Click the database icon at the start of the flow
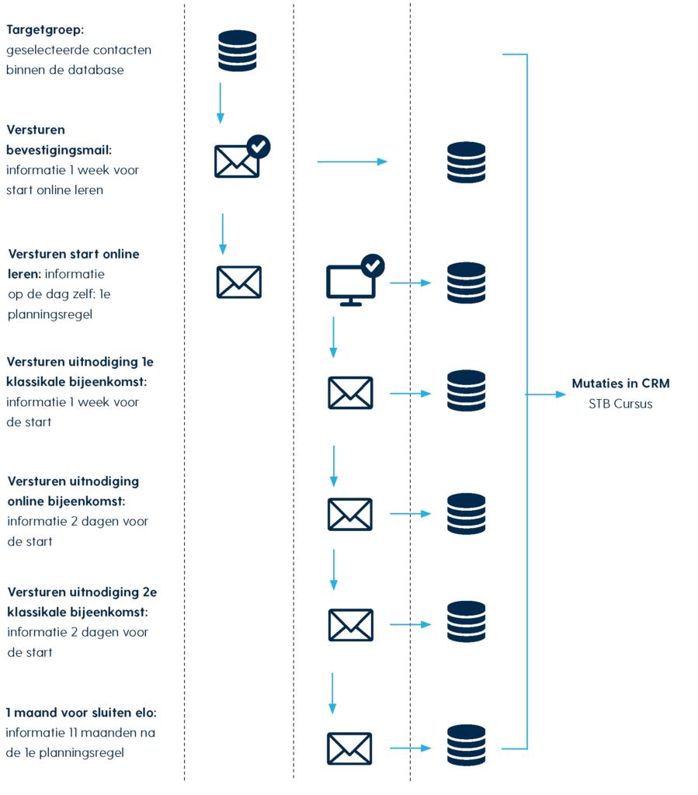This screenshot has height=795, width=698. coord(238,51)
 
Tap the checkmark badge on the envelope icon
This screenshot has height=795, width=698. coord(258,145)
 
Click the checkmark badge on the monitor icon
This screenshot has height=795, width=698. coord(373,266)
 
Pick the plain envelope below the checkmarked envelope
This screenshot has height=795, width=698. coord(239,281)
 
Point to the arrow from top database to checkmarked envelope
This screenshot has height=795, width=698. coord(221,101)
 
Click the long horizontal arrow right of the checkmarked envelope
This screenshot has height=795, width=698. coord(353,161)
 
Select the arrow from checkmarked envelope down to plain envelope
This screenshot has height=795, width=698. coord(222,233)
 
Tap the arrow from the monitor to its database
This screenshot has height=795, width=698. coord(408,283)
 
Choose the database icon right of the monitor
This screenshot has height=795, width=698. coord(467,283)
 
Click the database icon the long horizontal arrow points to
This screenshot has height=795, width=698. coord(467,162)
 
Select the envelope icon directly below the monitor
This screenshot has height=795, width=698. coord(351,392)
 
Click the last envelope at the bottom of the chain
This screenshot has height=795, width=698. coord(348,748)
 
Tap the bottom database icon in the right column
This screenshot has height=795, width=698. coord(467,745)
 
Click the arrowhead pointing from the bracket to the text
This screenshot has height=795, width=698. coord(561,395)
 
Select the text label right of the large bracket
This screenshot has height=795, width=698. coord(621,393)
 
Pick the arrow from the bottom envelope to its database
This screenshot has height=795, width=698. coord(408,748)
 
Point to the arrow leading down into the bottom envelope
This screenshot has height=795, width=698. coord(332,695)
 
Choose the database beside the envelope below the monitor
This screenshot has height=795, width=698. coord(467,392)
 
